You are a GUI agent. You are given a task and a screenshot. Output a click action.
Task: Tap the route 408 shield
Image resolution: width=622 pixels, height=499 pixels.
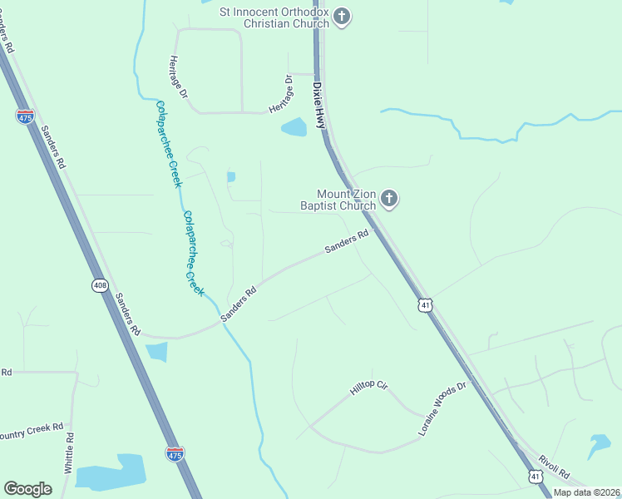coord(100,285)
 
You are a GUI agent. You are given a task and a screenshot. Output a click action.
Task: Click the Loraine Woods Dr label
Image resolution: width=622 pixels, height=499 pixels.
coord(444,410)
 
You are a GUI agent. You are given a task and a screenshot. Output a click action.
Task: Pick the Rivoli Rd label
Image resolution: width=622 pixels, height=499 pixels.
coord(554,467)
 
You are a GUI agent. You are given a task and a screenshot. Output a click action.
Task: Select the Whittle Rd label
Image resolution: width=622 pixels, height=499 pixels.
coord(70,453)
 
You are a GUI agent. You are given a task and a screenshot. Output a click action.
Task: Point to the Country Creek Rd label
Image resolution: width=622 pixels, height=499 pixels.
coord(32,432)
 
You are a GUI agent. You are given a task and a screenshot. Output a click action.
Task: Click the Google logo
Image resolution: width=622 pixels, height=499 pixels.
coord(27,488)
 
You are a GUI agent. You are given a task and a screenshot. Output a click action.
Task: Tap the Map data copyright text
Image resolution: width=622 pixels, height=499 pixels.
coord(586,492)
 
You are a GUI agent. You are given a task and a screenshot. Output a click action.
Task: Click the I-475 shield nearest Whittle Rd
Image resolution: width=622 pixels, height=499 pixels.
coord(175,453)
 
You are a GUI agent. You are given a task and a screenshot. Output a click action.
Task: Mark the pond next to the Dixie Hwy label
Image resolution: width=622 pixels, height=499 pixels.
coord(294,127)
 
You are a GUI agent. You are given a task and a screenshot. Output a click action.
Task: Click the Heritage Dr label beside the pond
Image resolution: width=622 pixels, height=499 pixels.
coord(281,95)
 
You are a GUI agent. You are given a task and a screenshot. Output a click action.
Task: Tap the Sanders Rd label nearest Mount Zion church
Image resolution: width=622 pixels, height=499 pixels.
coord(346,243)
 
